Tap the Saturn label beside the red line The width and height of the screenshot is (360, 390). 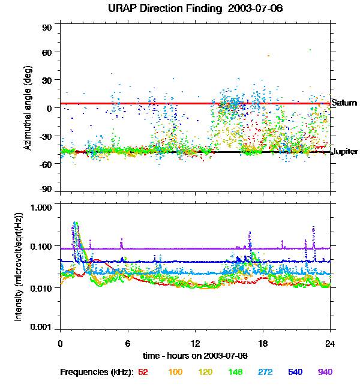point(344,103)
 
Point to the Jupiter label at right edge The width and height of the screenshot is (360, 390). point(344,152)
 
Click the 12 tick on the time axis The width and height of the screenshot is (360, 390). point(195,344)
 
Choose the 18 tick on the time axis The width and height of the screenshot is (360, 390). point(262,344)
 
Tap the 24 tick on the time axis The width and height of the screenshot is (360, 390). point(330,344)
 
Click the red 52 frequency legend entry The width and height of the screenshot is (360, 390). point(143,373)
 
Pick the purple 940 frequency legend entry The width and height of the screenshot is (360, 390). point(325,373)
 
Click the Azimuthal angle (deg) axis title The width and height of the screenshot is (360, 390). point(28,109)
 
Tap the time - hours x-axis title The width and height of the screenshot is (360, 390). point(196,356)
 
